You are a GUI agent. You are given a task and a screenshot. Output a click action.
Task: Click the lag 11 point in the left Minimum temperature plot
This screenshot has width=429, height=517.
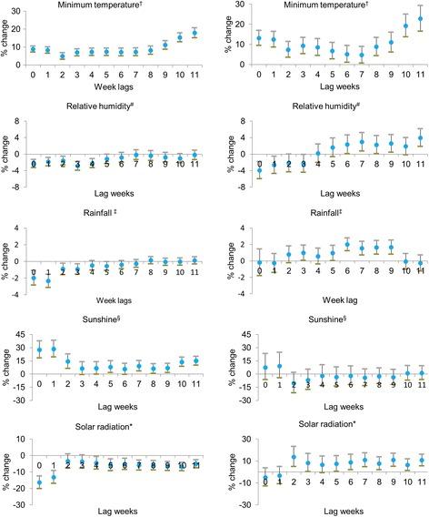(194, 34)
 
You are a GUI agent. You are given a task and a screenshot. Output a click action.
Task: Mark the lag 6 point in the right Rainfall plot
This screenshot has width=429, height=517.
(347, 244)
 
